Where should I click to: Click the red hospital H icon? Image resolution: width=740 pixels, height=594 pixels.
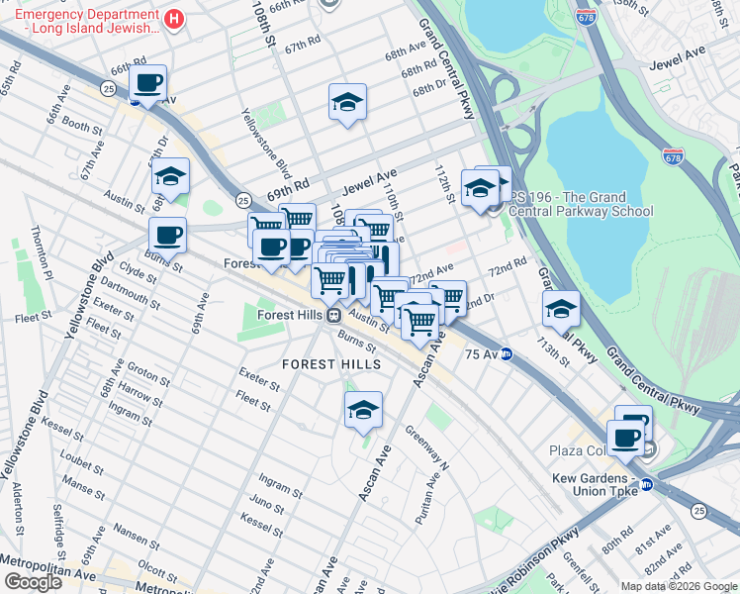(x=174, y=19)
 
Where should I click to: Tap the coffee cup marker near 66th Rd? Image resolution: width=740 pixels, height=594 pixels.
(x=147, y=83)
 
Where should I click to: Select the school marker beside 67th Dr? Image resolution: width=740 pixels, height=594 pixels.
(x=170, y=177)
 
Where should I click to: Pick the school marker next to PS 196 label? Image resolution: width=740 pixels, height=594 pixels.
(x=480, y=187)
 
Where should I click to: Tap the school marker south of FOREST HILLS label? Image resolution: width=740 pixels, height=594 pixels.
(x=363, y=410)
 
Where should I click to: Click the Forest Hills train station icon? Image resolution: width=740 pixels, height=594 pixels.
(x=334, y=315)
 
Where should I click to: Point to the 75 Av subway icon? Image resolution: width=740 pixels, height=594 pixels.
(x=507, y=353)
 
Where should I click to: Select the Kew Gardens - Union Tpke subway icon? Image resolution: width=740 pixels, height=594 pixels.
(x=647, y=484)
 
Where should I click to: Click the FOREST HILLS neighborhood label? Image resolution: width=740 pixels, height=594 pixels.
(x=331, y=364)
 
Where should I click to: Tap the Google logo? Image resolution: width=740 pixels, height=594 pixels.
(x=33, y=582)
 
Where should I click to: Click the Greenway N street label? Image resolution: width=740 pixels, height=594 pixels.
(x=427, y=445)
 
